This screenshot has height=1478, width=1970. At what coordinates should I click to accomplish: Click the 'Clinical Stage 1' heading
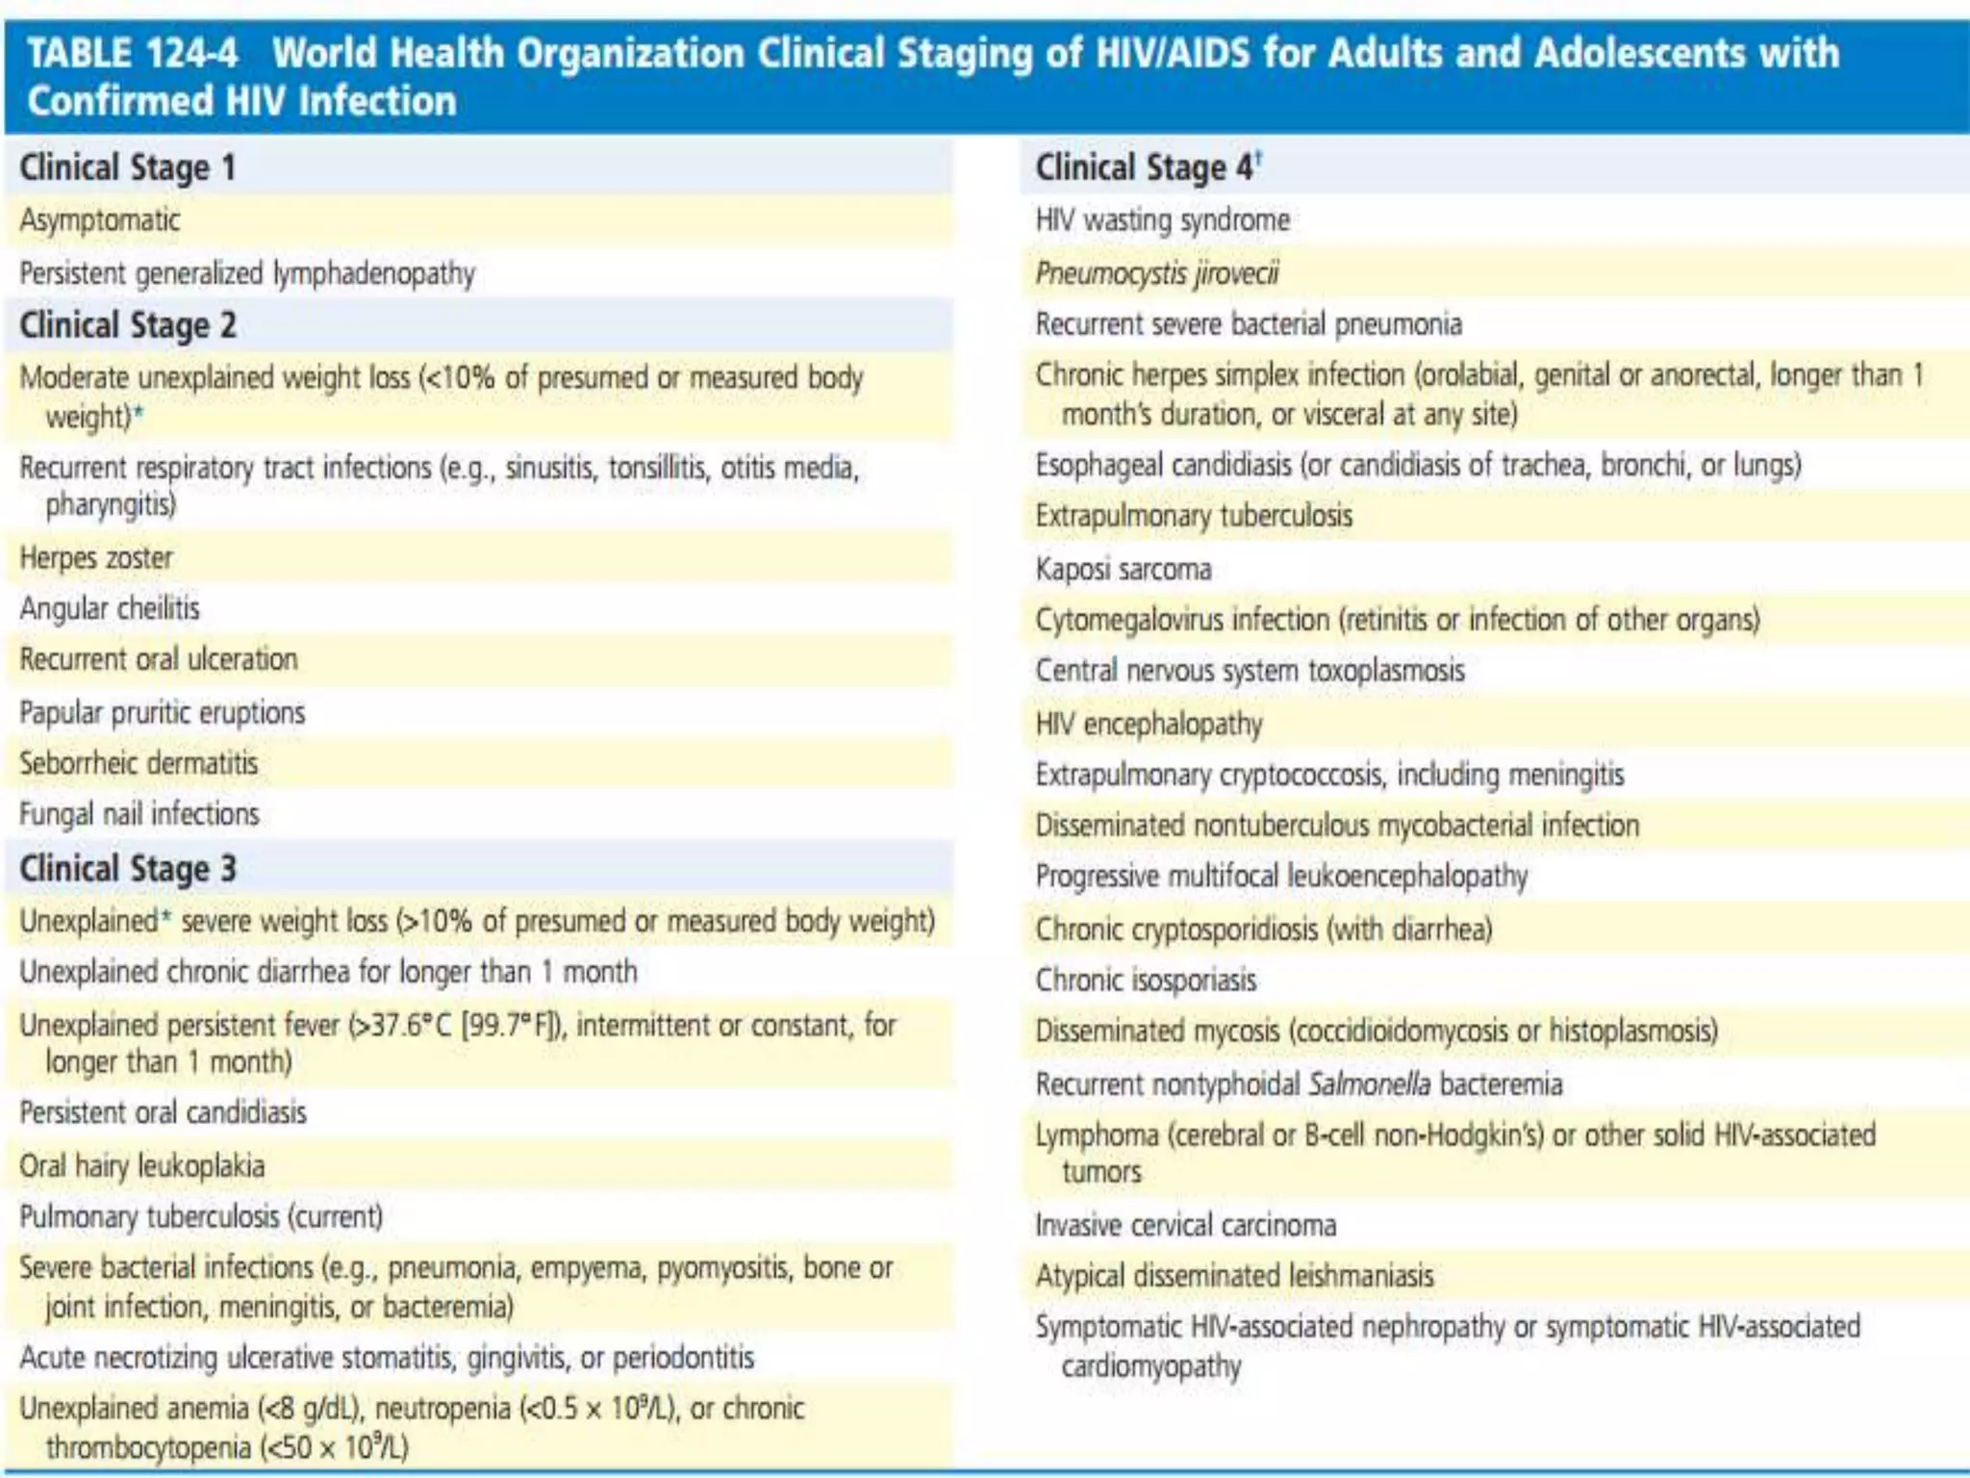coord(127,167)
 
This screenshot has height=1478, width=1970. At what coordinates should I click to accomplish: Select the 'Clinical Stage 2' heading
coord(127,325)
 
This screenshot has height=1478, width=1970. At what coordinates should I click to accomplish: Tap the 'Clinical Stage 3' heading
coord(127,868)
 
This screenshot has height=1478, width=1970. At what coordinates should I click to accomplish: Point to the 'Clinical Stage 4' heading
coord(1145,167)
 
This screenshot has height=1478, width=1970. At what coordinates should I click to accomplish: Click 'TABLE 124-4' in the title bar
coord(132,52)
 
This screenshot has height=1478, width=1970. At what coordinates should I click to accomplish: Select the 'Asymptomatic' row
coord(100,220)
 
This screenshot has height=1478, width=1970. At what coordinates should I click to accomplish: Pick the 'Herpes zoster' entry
coord(96,558)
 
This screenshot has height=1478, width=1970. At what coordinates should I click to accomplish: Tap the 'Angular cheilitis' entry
coord(110,608)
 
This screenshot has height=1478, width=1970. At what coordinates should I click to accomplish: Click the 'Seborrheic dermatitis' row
coord(139,764)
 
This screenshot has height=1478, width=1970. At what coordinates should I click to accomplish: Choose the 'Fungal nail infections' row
coord(139,814)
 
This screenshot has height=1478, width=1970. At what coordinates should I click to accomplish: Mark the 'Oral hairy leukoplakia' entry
coord(141,1166)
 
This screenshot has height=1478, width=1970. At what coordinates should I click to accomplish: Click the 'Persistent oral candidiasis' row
coord(163,1112)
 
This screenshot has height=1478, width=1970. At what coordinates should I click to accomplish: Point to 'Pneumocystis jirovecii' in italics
coord(1157,274)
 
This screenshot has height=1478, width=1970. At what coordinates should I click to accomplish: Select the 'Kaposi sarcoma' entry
coord(1124,570)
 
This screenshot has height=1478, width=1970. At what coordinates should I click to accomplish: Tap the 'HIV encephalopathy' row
coord(1149,724)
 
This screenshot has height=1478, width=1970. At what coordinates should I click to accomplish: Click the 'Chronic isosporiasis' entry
coord(1146,981)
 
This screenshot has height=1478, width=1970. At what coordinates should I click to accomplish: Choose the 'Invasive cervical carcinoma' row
coord(1186,1225)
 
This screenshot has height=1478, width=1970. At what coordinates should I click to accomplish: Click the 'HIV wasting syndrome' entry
coord(1162,220)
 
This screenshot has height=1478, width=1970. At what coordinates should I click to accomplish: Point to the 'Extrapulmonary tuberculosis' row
coord(1194,516)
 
